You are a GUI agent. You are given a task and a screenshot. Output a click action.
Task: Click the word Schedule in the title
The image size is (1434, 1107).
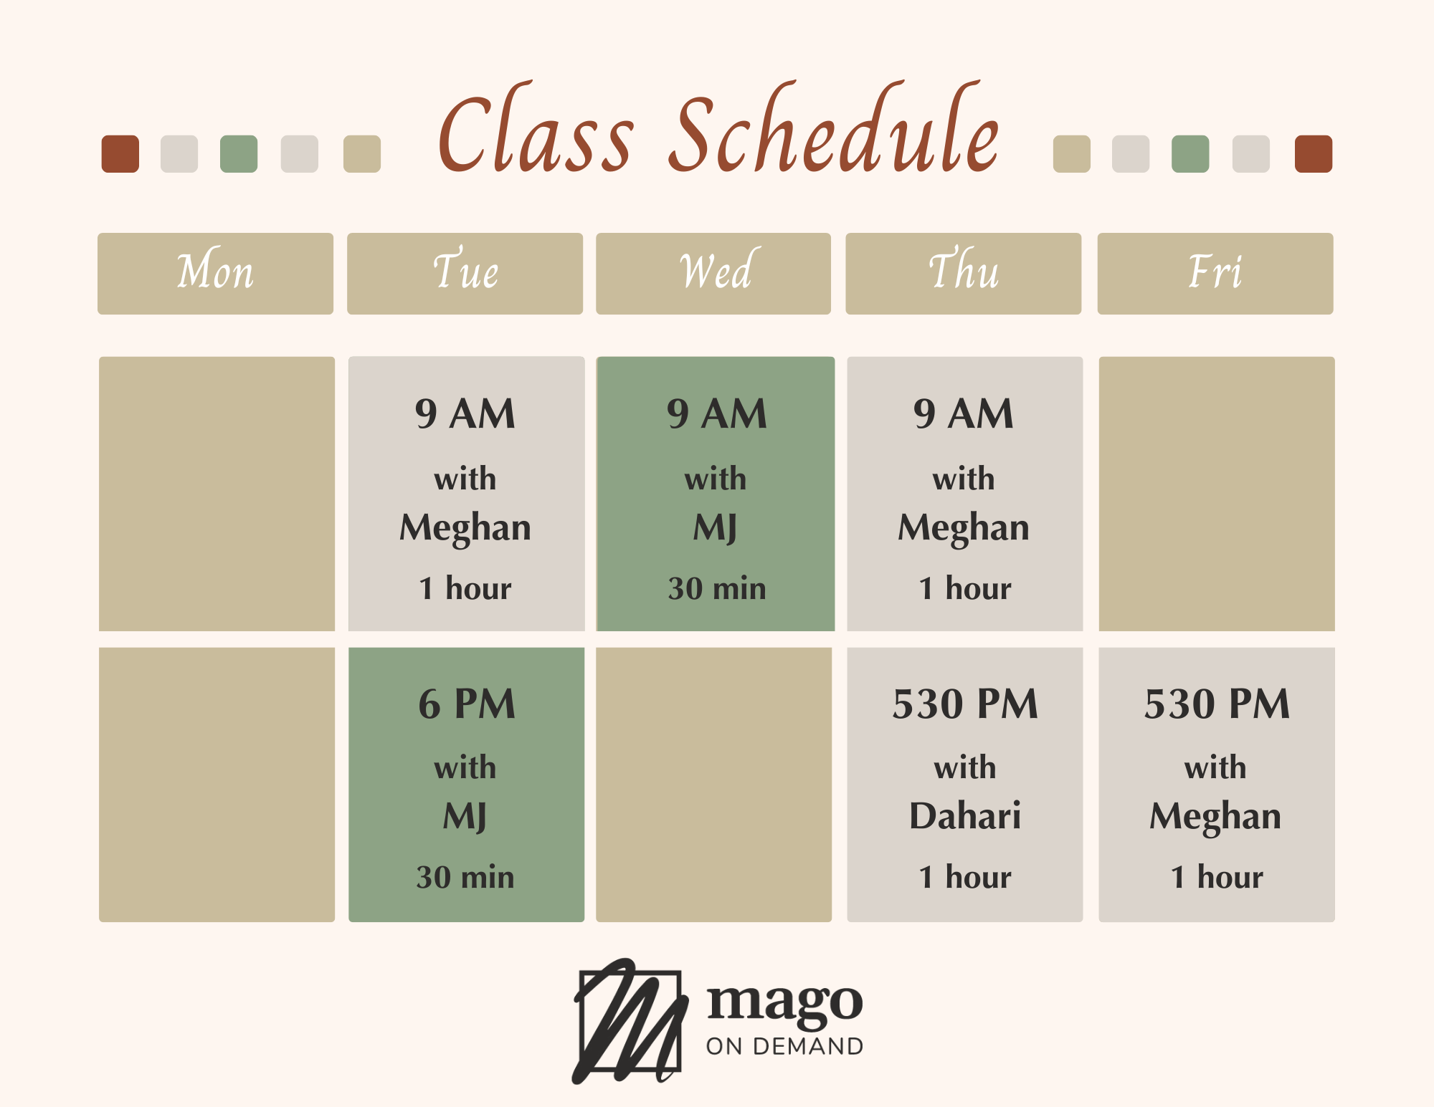click(834, 129)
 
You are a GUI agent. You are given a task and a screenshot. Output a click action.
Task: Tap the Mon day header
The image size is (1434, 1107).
click(215, 273)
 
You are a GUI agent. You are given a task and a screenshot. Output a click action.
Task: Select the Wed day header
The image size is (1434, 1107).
click(713, 273)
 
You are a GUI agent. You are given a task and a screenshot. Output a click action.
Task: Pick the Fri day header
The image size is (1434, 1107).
click(1215, 273)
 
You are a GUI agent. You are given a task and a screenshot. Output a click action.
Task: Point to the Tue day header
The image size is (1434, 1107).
click(465, 273)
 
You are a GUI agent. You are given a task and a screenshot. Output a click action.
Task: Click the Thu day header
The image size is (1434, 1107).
click(964, 273)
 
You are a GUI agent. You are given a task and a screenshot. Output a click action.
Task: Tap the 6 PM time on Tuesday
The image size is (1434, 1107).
click(467, 704)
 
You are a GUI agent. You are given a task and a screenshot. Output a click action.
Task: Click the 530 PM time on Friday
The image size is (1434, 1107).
click(1217, 704)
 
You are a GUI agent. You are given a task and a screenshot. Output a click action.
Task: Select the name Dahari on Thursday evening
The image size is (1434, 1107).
click(965, 815)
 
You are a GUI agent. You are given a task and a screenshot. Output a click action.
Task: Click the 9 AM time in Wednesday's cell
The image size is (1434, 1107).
click(717, 413)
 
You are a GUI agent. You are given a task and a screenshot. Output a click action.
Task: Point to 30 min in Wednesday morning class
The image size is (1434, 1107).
click(717, 588)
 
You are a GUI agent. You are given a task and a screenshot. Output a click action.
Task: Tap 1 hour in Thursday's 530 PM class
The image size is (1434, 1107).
click(965, 877)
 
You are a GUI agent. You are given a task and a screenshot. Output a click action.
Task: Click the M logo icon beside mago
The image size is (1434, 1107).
click(629, 1021)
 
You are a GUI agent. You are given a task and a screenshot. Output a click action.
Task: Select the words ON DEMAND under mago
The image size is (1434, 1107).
click(785, 1046)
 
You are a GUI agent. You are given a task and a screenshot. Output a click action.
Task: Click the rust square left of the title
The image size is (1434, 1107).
click(120, 154)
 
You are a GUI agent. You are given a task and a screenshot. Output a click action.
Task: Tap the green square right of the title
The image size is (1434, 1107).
click(1190, 154)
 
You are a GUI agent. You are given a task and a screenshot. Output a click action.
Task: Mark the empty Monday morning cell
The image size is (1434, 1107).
click(217, 494)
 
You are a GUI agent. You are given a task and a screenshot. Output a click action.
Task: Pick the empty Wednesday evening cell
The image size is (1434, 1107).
click(714, 785)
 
